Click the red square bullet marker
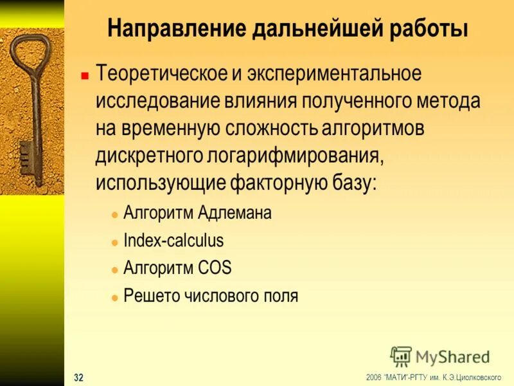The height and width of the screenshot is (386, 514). (84, 75)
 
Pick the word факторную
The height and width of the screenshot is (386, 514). (277, 183)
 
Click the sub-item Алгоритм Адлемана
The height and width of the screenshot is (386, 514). (197, 213)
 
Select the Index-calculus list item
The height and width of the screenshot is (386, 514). (173, 241)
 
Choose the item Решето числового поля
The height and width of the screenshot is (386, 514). (211, 296)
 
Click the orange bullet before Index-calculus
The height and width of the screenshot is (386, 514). (114, 242)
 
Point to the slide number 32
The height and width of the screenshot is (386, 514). (78, 377)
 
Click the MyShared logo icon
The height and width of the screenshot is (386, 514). (400, 356)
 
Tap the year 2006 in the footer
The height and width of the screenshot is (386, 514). (374, 377)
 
